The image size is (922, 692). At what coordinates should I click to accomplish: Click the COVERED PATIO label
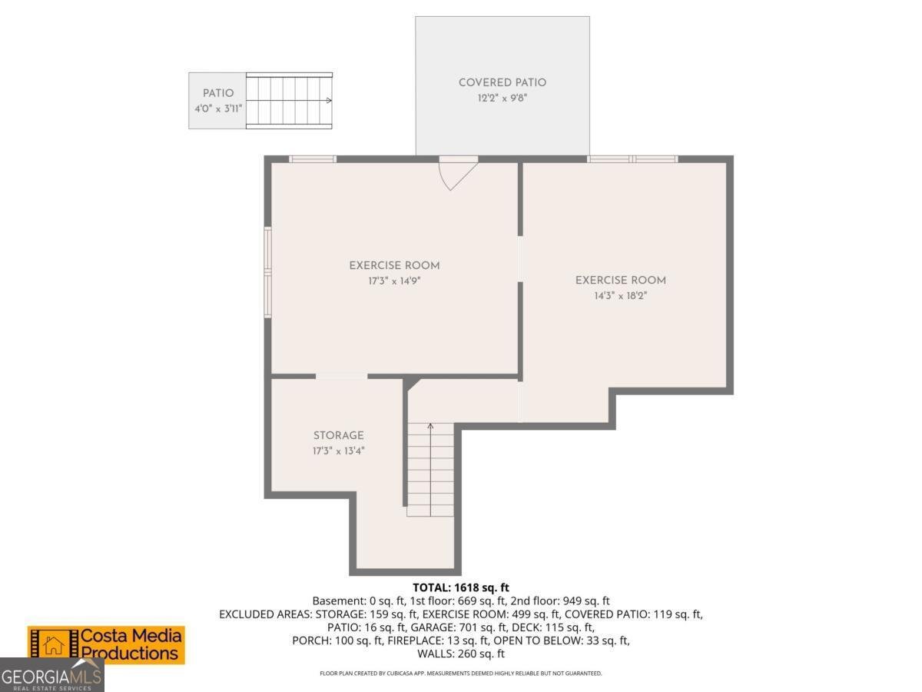[502, 82]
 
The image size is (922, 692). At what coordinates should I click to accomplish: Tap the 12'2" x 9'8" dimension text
[502, 98]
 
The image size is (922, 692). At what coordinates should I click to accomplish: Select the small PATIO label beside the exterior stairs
[218, 93]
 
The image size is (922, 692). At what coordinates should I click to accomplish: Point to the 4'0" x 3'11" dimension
[218, 109]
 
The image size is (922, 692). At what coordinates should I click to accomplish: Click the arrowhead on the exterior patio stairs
[330, 101]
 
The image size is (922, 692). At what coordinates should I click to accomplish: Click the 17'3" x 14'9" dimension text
[394, 281]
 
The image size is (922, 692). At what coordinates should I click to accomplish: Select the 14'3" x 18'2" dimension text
[620, 296]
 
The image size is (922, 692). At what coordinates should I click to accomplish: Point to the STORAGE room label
[339, 435]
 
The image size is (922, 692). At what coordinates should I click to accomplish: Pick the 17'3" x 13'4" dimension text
[339, 451]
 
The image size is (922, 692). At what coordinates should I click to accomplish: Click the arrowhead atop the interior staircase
[430, 426]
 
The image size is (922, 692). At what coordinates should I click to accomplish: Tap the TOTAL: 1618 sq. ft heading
[461, 587]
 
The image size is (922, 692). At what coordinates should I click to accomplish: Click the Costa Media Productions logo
[106, 645]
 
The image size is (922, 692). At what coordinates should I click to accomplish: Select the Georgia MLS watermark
[51, 675]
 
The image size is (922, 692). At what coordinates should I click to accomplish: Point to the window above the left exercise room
[313, 159]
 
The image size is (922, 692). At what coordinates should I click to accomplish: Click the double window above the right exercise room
[632, 159]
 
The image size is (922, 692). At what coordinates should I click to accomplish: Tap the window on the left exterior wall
[267, 272]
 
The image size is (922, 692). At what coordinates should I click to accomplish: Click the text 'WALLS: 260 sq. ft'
[461, 654]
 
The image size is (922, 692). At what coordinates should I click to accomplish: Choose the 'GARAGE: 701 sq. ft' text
[456, 627]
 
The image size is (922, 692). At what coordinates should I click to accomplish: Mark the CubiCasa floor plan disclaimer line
[461, 674]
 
